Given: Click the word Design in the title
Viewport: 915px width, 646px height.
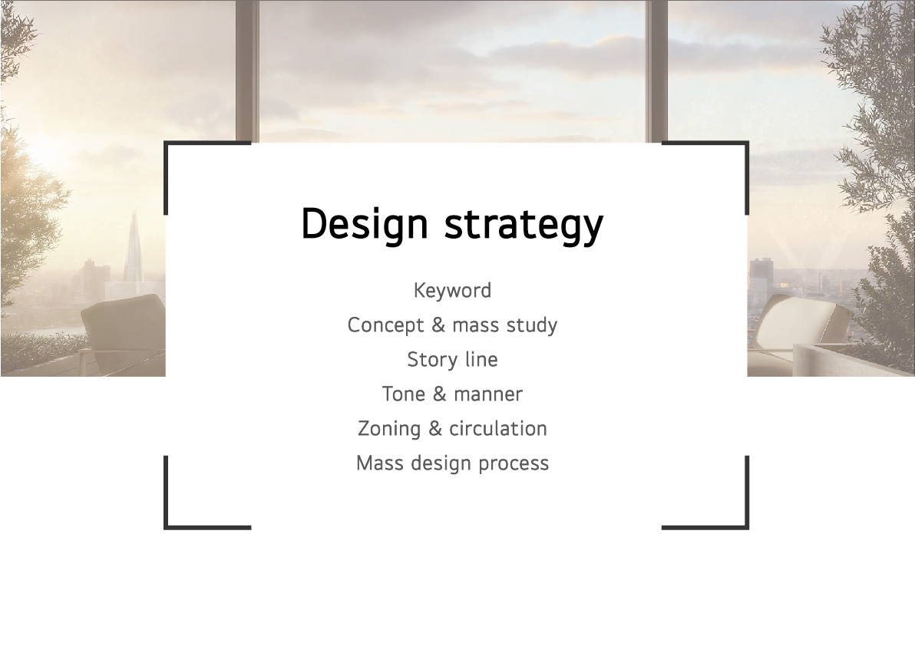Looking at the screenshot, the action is click(365, 224).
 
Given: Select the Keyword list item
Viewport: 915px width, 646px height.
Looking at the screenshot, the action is click(452, 290).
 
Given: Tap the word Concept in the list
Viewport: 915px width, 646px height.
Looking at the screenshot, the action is click(385, 325).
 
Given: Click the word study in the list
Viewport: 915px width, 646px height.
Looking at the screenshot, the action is click(532, 325).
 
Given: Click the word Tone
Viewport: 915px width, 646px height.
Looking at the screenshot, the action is click(404, 394).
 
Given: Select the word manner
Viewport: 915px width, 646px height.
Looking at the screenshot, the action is click(488, 395).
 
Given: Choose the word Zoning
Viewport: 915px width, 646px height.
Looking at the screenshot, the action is click(389, 429).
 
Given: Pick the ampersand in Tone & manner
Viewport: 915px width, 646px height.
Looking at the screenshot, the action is click(439, 394).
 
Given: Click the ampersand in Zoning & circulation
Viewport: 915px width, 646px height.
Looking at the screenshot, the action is click(435, 429).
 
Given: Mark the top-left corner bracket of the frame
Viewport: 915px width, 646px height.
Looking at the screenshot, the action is click(167, 143).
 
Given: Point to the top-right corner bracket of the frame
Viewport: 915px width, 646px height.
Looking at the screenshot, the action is click(746, 143).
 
